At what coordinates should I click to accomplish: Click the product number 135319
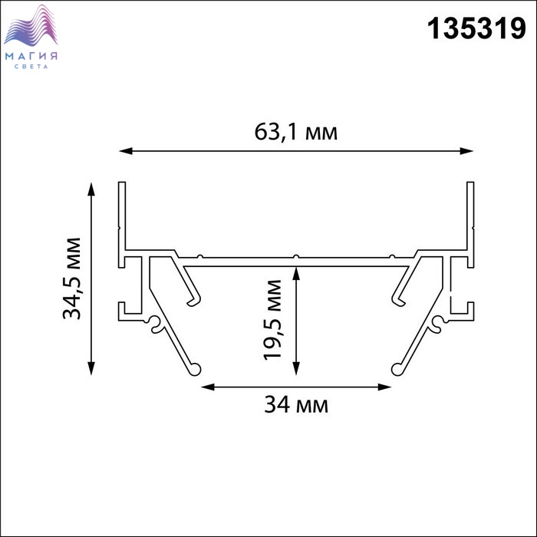point(476,29)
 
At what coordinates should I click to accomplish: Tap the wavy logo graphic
point(31,25)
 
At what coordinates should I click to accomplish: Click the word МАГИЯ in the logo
point(31,56)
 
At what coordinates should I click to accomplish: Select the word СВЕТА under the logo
point(31,67)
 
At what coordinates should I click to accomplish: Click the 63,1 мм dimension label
point(296,132)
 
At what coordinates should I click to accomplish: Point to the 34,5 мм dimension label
point(72,278)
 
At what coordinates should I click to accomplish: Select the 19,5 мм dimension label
point(272,320)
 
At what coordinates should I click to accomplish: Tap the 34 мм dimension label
point(296,404)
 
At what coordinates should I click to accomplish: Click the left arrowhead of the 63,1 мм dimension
point(126,150)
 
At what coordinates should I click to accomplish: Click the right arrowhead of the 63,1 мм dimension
point(466,150)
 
